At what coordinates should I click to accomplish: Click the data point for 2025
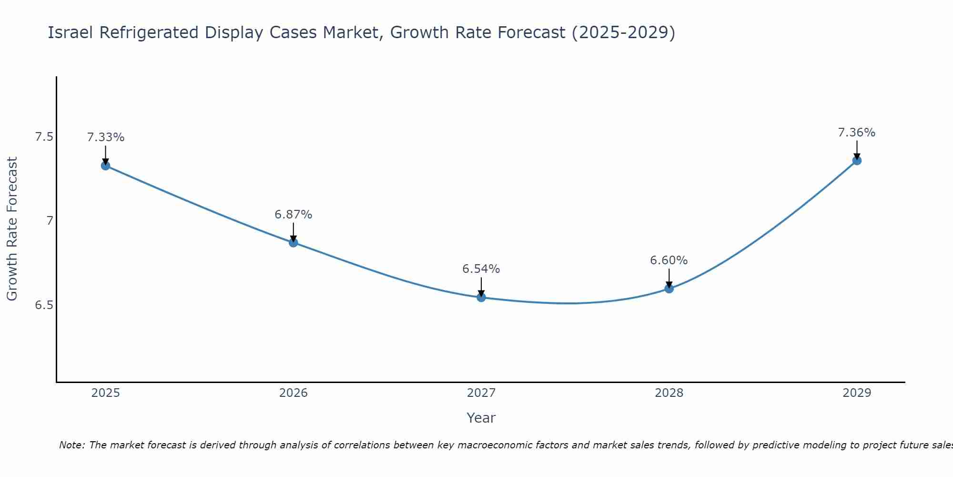coord(105,166)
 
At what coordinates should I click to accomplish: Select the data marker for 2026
coord(294,242)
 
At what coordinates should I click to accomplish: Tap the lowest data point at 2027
coord(481,297)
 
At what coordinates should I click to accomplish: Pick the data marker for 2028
coord(669,288)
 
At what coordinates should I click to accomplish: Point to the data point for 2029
coord(857,160)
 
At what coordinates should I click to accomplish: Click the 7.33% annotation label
coord(105,137)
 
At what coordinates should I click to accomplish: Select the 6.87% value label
coord(294,215)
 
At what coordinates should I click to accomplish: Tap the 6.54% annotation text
coord(481,269)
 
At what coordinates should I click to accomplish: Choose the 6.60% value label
coord(669,260)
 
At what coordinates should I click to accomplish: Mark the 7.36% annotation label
coord(857,133)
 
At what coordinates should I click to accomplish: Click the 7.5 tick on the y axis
coord(44,137)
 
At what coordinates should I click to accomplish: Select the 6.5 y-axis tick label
coord(44,305)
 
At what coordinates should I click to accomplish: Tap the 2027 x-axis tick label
coord(481,393)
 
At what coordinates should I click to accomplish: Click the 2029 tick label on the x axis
coord(857,393)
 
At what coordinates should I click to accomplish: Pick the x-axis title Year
coord(481,418)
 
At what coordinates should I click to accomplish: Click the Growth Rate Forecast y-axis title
coord(12,229)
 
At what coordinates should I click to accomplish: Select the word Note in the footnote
coord(71,445)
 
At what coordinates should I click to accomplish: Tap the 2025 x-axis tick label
coord(105,393)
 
